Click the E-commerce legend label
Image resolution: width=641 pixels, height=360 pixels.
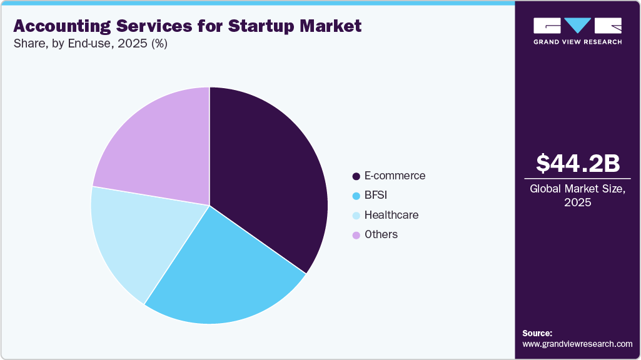[395, 176]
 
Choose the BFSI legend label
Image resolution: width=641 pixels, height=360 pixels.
[376, 196]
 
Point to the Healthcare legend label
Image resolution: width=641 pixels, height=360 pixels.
[391, 215]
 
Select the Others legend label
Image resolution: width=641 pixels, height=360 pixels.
[381, 234]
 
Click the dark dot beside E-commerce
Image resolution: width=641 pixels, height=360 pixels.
[356, 176]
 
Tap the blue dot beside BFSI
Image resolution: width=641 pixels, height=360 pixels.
[356, 196]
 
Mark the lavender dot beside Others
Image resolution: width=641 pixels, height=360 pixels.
[356, 235]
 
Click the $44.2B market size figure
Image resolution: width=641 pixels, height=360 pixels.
[578, 163]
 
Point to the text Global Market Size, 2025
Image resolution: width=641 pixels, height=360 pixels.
[578, 196]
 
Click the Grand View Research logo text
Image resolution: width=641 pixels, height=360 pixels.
[578, 42]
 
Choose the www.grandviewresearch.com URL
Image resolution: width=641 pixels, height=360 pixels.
[577, 344]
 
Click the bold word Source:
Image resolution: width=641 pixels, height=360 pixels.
[537, 333]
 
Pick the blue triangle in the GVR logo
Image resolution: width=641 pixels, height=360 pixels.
[578, 25]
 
